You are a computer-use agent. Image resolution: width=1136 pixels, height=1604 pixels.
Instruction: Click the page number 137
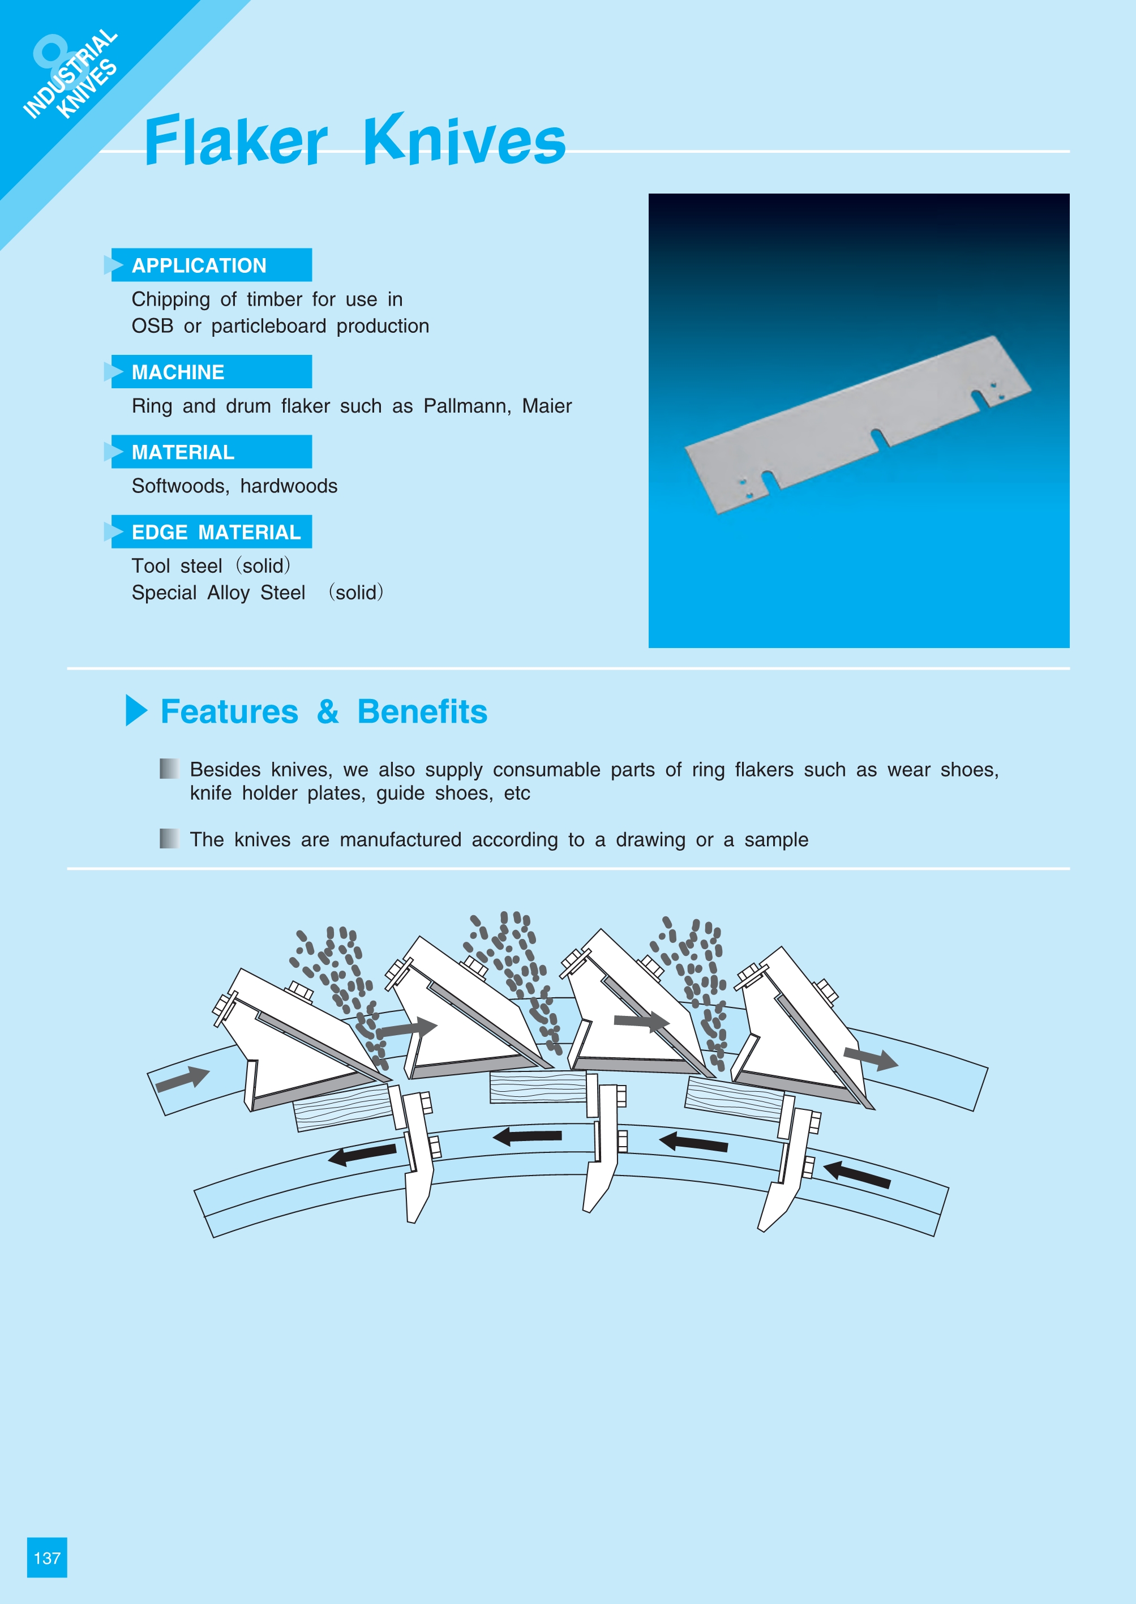pos(47,1558)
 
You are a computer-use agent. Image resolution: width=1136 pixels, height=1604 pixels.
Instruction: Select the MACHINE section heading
pos(178,372)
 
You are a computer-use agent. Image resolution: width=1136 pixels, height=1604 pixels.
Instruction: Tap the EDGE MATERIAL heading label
pos(216,533)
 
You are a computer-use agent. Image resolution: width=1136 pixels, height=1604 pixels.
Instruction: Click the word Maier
pos(547,406)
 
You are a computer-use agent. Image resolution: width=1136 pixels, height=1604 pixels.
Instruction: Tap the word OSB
pos(152,326)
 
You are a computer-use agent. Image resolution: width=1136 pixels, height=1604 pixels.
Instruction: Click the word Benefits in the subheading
pos(422,711)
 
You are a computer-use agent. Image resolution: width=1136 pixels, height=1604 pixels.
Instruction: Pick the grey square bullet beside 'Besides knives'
pos(169,769)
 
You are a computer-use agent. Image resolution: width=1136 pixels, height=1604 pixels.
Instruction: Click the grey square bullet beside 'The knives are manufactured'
pos(169,838)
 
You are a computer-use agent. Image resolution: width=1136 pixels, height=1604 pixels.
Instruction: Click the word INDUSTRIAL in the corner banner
pos(70,74)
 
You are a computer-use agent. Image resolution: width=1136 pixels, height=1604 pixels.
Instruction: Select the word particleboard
pos(269,327)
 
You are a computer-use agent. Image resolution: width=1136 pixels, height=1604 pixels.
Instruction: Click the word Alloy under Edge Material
pos(229,593)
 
